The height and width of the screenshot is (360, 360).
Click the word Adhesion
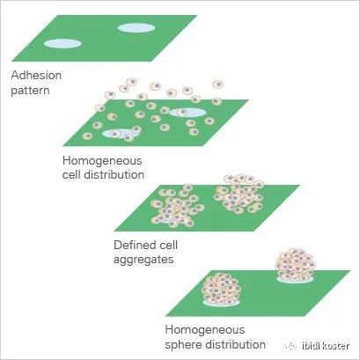[x=36, y=76]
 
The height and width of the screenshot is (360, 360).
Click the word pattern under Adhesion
[x=30, y=90]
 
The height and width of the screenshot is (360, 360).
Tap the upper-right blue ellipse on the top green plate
[x=136, y=27]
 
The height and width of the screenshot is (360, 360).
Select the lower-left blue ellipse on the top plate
[x=62, y=43]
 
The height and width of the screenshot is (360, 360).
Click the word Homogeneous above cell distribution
[x=102, y=161]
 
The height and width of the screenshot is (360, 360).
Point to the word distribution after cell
[x=114, y=174]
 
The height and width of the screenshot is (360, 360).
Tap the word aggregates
[x=143, y=260]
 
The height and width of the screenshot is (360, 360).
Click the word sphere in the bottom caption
[x=183, y=344]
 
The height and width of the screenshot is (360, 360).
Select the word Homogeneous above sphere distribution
[x=205, y=330]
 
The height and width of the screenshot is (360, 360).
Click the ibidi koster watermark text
[x=326, y=346]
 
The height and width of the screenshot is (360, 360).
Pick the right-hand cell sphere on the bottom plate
[x=295, y=265]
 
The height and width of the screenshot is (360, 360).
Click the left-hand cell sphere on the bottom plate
[x=222, y=289]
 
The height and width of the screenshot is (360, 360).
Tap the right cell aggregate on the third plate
[x=239, y=194]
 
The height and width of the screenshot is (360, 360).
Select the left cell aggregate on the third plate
[x=177, y=206]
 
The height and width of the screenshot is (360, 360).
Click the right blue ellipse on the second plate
[x=187, y=113]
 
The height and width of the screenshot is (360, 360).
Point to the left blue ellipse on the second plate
[x=120, y=134]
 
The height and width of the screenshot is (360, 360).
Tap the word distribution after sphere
[x=236, y=344]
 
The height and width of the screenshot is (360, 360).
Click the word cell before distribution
[x=71, y=174]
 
